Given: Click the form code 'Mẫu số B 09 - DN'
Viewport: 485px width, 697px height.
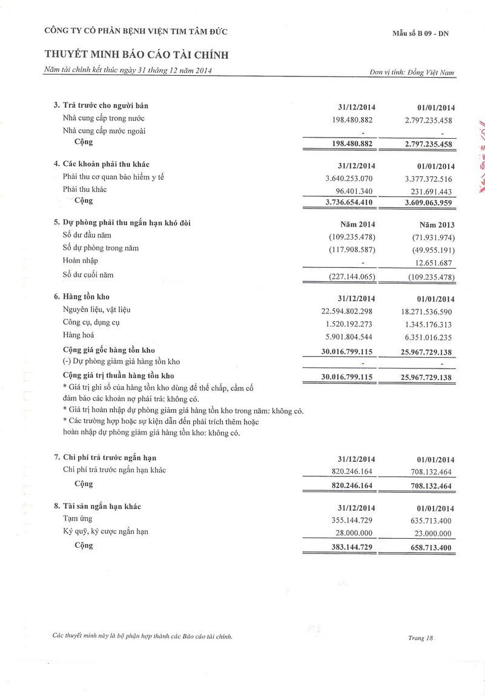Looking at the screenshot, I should point(420,34).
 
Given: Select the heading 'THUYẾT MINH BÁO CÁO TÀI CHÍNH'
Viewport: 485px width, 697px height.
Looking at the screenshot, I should point(136,55).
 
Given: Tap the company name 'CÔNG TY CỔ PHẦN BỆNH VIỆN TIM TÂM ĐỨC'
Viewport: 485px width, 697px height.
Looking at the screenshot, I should point(136,32).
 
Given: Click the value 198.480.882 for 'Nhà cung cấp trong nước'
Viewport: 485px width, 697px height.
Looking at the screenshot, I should point(352,120).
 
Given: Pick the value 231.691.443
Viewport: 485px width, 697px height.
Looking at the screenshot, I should point(428,191).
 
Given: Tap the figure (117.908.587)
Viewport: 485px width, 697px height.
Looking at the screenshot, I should point(352,250).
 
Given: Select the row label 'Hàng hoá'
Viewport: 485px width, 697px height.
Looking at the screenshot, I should point(78,335).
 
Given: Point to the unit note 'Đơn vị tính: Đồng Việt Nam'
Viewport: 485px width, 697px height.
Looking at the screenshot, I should point(412,72).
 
